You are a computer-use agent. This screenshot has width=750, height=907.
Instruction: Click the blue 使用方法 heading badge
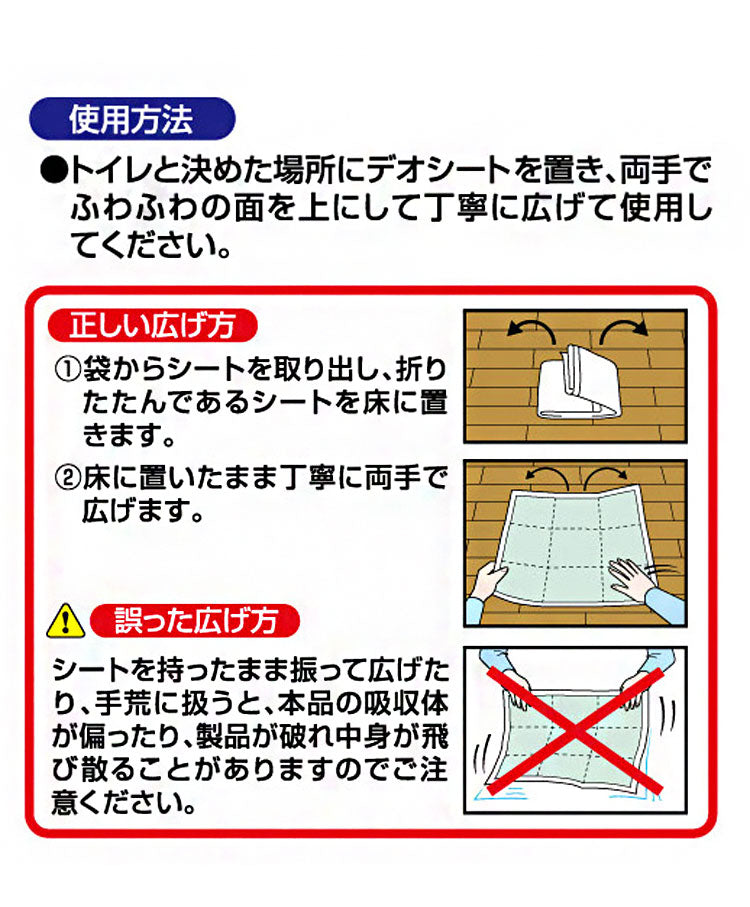(x=132, y=119)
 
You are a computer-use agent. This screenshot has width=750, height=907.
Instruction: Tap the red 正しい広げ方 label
(x=152, y=326)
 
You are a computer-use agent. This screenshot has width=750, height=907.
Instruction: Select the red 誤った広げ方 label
(x=195, y=621)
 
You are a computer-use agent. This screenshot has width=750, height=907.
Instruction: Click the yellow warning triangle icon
(x=66, y=621)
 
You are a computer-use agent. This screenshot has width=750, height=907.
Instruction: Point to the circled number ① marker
(x=67, y=369)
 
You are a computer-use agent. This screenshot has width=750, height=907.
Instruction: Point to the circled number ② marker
(x=67, y=478)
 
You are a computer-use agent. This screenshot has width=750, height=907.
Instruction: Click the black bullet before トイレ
(x=54, y=171)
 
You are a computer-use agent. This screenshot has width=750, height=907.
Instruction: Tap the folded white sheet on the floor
(x=578, y=383)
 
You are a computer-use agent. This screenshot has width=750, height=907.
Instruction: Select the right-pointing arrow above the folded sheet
(x=623, y=330)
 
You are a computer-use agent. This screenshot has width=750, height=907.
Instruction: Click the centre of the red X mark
(x=575, y=731)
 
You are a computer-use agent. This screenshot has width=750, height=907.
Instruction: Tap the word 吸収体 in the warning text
(x=405, y=703)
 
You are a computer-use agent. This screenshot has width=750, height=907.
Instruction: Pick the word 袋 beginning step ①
(x=97, y=369)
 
